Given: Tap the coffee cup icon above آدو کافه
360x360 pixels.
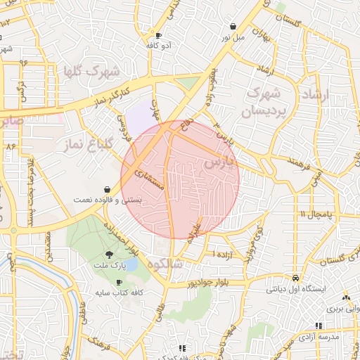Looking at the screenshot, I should [158, 35].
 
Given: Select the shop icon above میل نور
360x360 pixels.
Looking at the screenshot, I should [233, 26].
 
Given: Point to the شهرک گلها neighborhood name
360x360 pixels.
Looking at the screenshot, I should [91, 71].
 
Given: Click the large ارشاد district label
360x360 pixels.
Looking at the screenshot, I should [319, 94].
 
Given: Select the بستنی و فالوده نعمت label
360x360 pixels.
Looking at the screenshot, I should [107, 200].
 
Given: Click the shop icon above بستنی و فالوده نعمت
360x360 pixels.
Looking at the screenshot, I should [106, 189].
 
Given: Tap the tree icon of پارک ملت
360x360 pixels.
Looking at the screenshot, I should [109, 255].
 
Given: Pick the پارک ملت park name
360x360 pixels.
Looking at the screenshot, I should [108, 266].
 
